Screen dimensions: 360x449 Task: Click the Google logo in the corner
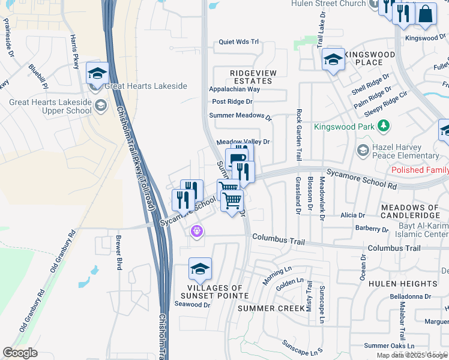[20, 353]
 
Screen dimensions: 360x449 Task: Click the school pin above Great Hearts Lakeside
[97, 74]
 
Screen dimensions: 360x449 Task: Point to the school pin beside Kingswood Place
[333, 59]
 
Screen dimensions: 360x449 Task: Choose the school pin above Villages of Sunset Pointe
[200, 269]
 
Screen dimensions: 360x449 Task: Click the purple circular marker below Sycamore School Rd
[196, 230]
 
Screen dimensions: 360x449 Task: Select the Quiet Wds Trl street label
[238, 42]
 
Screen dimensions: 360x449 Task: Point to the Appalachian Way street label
[234, 89]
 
